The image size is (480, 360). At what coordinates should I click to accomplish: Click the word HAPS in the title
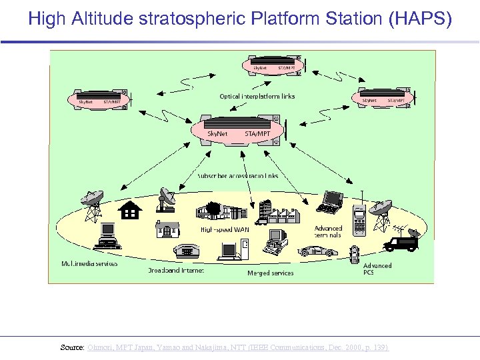click(x=418, y=18)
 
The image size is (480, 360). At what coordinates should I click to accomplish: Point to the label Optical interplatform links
click(x=257, y=97)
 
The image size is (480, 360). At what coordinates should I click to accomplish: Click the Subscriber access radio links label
click(x=237, y=176)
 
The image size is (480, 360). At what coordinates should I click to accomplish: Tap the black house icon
click(x=130, y=210)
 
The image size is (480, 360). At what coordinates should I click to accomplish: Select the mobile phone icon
click(x=359, y=221)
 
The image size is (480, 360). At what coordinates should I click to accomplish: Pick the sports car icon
click(x=318, y=251)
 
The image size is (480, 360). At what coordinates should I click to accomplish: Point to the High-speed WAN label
click(x=225, y=229)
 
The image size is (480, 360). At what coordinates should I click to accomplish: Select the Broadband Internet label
click(x=176, y=271)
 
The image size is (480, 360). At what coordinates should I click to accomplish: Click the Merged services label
click(x=270, y=273)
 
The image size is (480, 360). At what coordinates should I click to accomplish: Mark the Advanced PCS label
click(x=377, y=269)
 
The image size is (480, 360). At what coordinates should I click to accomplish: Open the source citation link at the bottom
click(x=238, y=348)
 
